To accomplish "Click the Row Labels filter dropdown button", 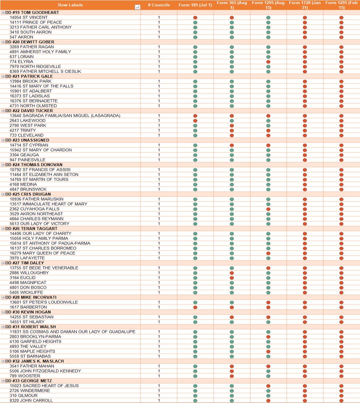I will (137, 7).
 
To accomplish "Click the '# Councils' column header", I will (159, 5).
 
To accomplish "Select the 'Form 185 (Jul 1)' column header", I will (195, 5).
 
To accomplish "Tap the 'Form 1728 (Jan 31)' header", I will (305, 5).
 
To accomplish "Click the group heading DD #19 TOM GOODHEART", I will (32, 12).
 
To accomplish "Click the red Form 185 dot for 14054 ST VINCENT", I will (195, 18).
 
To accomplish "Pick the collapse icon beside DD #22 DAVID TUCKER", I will (3, 111).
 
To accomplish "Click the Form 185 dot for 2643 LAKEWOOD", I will (195, 121).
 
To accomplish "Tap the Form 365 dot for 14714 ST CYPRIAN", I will (232, 145).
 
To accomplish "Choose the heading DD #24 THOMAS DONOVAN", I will (34, 165).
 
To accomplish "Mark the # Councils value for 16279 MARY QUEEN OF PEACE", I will (159, 253).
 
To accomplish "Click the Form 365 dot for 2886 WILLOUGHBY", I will (232, 273).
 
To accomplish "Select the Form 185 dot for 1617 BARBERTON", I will (195, 307).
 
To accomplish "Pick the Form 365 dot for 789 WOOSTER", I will (232, 376).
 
